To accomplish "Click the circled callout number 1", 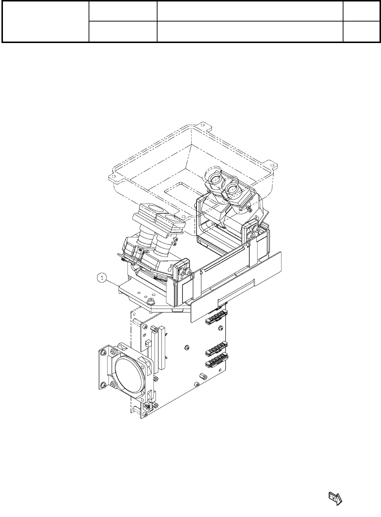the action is [102, 278].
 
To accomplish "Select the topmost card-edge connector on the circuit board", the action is [216, 317].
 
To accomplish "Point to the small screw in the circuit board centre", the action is [187, 347].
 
